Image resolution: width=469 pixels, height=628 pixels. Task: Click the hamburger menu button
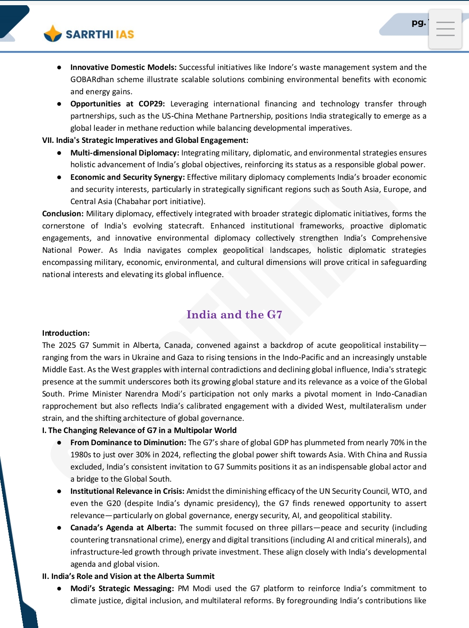coord(445,29)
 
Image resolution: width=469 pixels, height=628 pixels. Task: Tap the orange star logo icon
coord(53,34)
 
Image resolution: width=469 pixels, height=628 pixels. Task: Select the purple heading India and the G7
coord(234,314)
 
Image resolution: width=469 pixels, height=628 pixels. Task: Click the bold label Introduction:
coord(66,333)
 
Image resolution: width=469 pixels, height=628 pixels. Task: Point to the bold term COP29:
coord(152,104)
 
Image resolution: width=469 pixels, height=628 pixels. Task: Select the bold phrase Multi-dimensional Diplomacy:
coord(125,153)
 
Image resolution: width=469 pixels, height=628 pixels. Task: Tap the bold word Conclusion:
coord(63,214)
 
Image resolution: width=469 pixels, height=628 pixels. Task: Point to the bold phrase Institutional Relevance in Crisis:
coord(127,491)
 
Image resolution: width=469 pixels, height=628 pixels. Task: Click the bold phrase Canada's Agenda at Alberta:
coord(123,528)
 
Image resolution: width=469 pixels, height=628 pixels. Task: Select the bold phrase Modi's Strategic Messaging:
coord(122,588)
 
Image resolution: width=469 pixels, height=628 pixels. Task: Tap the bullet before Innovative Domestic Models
coord(59,67)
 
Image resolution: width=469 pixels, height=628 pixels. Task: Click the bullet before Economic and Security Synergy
coord(59,177)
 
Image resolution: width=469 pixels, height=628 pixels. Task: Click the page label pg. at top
coord(419,23)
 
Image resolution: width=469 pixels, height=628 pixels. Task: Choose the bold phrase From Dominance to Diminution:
coord(128,443)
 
